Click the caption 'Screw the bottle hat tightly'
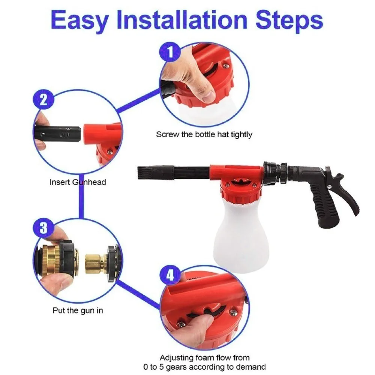204,134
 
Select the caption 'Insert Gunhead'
78,182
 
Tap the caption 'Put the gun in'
78,310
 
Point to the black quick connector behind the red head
274,173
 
